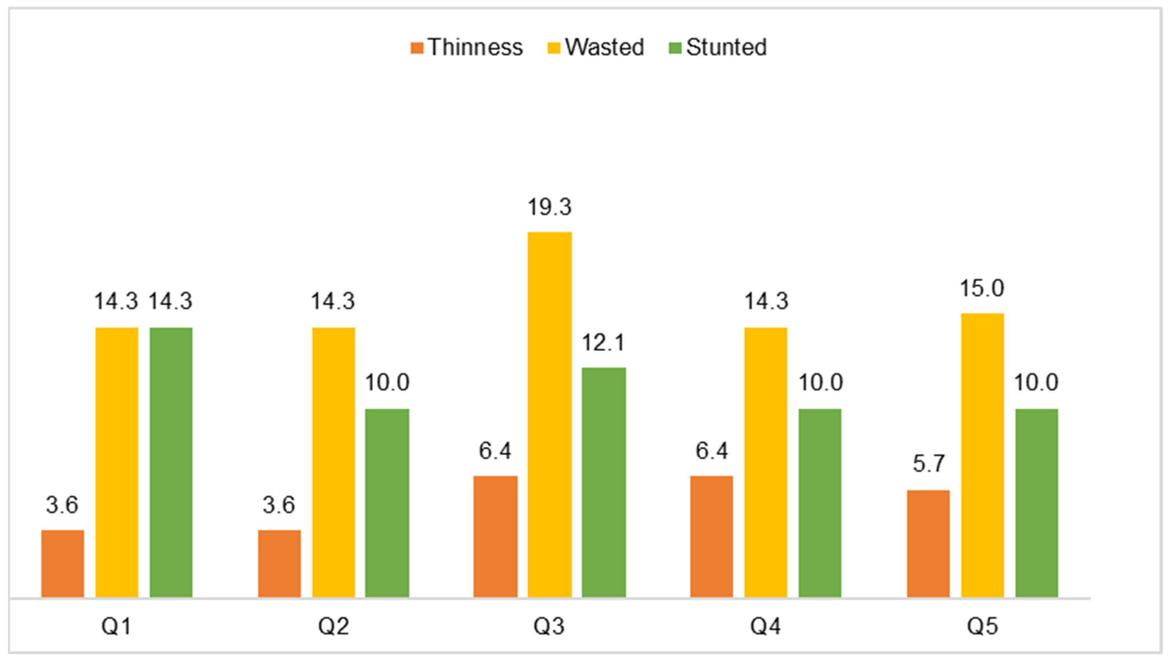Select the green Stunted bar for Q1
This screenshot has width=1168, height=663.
(171, 462)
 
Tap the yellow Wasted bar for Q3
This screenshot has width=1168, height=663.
(549, 414)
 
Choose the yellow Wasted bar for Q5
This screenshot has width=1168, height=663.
(982, 455)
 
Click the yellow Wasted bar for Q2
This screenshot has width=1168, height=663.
(333, 462)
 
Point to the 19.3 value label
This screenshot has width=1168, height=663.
(549, 207)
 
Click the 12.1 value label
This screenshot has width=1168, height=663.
(603, 343)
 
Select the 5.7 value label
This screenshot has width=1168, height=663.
(928, 463)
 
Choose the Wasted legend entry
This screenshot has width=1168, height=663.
(596, 47)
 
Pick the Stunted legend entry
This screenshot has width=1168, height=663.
(718, 47)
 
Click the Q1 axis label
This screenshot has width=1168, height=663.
(117, 627)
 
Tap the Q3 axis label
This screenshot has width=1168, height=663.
(549, 627)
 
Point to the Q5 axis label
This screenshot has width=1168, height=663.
(982, 627)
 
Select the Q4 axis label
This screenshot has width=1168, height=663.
(765, 627)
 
